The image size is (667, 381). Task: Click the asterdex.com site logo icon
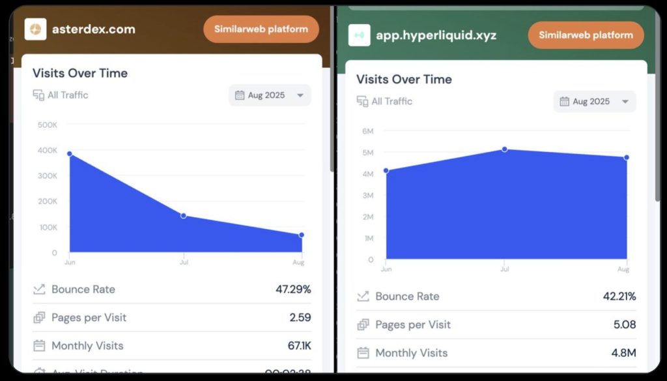pos(35,29)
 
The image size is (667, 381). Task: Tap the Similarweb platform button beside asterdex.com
pos(261,29)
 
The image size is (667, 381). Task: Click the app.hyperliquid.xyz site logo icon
pos(359,35)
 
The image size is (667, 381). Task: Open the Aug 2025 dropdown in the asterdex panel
pos(270,95)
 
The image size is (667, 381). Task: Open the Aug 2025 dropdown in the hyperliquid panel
pos(595,102)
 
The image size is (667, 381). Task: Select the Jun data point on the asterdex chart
pos(70,154)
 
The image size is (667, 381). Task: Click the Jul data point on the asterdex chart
pos(184,215)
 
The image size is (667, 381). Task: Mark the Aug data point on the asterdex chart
pos(302,235)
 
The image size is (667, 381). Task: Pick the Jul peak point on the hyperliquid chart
pos(504,149)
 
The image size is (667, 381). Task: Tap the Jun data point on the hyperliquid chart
pos(386,170)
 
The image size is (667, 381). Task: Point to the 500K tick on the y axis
pos(48,125)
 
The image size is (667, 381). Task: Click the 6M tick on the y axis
pos(368,131)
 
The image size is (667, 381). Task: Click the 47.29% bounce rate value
pos(293,289)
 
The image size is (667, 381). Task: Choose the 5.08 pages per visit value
pos(624,324)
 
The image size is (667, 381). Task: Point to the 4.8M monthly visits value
pos(623,353)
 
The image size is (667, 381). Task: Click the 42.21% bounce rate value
pos(619,296)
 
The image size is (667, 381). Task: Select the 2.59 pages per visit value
pos(300,318)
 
